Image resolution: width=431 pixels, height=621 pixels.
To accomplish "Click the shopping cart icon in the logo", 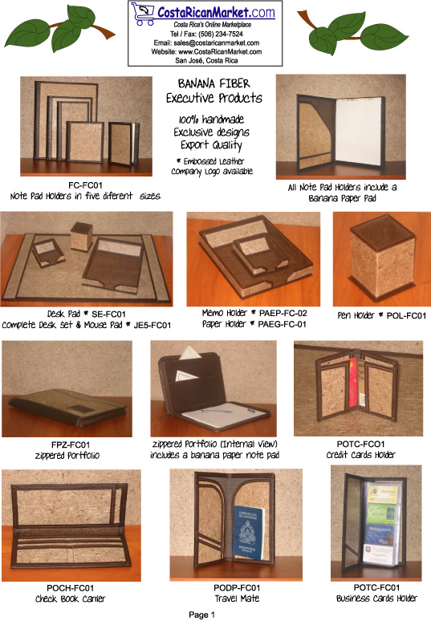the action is coord(143,14).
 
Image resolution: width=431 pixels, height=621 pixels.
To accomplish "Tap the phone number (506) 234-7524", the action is coord(221,34).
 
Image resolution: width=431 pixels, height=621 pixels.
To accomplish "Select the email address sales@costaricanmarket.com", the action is coord(217,43).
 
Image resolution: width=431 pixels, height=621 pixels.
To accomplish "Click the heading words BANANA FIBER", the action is coord(214,83).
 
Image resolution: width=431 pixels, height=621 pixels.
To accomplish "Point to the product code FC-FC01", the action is coord(86,185).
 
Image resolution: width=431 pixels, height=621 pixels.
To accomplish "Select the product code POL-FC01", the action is coord(406,315).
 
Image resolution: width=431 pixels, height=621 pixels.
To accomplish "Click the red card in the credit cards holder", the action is coord(353,382).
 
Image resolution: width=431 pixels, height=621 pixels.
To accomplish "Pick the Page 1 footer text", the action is coord(202,615).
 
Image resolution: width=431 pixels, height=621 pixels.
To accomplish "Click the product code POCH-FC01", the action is coord(71,588).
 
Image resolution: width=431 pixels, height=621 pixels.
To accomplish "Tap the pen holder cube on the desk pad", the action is coord(82,237).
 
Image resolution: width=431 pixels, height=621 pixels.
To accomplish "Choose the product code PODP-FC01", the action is coord(237,588).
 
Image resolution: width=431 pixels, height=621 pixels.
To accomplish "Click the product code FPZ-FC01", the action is coord(71,444).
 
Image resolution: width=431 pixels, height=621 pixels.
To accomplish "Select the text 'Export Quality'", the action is coord(211,145).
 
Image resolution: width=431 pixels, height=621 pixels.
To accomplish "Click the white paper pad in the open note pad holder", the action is coord(359,132).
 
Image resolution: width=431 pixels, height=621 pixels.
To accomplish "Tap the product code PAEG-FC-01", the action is coord(283,324).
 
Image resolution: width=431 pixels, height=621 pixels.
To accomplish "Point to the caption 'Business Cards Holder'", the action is coord(376,599).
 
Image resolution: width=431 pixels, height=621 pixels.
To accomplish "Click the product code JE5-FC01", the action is coord(152,325).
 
